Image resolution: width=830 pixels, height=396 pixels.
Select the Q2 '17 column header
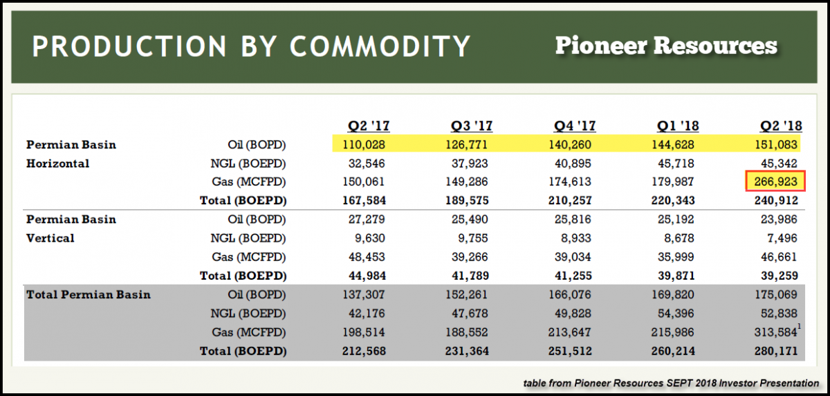pyautogui.click(x=369, y=126)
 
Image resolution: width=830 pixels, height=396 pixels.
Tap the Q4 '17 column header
pyautogui.click(x=574, y=126)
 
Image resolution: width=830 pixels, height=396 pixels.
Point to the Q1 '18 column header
pyautogui.click(x=678, y=126)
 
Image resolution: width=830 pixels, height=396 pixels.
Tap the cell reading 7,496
pyautogui.click(x=783, y=238)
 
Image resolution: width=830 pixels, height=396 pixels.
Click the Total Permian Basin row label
pyautogui.click(x=89, y=295)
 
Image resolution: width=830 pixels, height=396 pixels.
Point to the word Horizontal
pyautogui.click(x=58, y=164)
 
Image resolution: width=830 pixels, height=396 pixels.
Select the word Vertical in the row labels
pyautogui.click(x=50, y=238)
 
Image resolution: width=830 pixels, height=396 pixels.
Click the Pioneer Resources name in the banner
pyautogui.click(x=666, y=46)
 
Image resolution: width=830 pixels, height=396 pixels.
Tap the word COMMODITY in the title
pyautogui.click(x=380, y=46)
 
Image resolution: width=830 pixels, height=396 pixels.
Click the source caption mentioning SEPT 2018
pyautogui.click(x=669, y=383)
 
